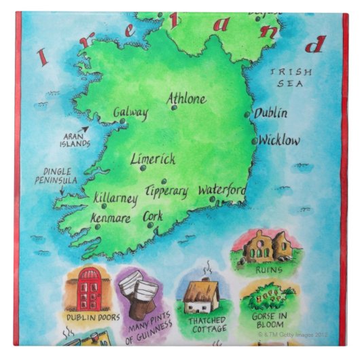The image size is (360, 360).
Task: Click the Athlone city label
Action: click(x=187, y=99)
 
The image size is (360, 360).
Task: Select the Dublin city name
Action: click(x=270, y=113)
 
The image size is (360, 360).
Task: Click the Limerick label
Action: click(x=153, y=160)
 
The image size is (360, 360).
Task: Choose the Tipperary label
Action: click(x=166, y=191)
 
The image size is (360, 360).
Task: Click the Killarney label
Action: click(x=116, y=200)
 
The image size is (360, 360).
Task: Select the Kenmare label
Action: click(x=111, y=219)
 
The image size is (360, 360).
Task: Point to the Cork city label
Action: click(x=153, y=217)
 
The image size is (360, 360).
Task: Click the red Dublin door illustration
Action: click(x=90, y=288)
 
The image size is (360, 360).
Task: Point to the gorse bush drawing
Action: click(x=268, y=297)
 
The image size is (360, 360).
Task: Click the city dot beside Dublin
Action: click(x=247, y=115)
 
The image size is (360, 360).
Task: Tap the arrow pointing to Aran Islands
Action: click(x=84, y=130)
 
